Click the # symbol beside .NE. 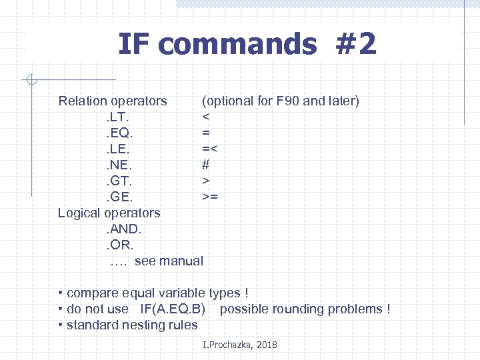point(206,165)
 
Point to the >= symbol point(210,197)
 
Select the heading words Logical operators point(109,213)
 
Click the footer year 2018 point(265,345)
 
